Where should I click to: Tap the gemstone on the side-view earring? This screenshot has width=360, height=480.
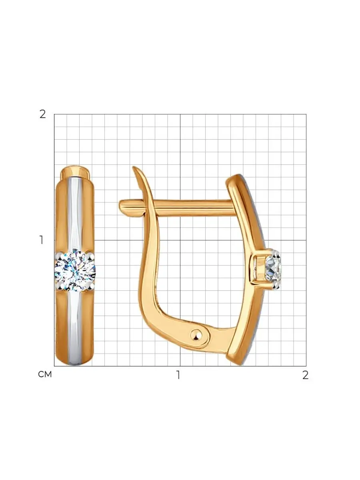tap(273, 269)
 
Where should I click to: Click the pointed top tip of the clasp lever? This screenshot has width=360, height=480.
tap(133, 168)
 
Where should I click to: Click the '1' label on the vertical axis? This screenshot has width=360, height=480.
tap(41, 240)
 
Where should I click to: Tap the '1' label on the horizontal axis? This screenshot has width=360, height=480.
tap(178, 375)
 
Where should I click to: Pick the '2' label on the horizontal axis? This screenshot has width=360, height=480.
tap(305, 375)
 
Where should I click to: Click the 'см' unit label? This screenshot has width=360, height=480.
tap(45, 374)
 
